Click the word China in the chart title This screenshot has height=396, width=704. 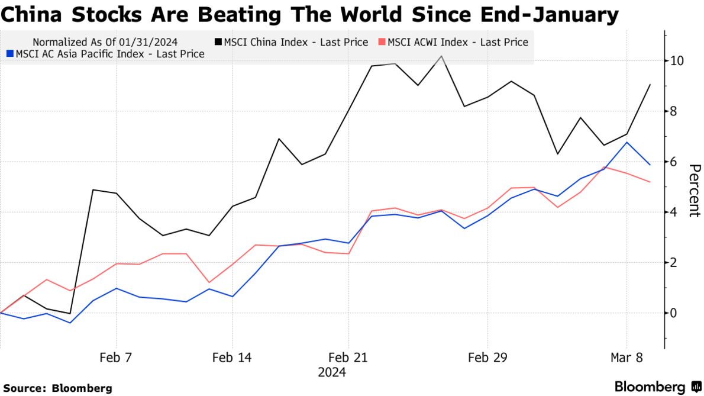pos(30,14)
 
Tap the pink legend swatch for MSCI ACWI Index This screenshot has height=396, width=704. pos(382,42)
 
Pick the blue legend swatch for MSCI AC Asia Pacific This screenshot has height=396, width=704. pos(9,54)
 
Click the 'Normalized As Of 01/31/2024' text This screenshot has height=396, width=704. pos(105,42)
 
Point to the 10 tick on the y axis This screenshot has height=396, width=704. pos(677,61)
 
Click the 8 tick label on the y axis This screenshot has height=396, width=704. pos(673,111)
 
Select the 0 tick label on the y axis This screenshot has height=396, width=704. pos(673,313)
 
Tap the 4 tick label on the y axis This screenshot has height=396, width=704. pos(673,212)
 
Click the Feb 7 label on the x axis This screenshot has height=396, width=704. pos(116,358)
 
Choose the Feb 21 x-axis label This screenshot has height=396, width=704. pos(348,358)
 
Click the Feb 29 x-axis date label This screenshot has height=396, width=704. pos(487,358)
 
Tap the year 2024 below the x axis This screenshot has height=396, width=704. pos(332,373)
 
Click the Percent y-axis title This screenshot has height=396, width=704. pos(693,191)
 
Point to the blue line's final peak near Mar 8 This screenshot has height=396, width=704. pos(627,142)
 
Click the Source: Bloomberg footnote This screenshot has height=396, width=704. pos(58,388)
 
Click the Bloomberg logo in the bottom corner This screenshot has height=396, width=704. pos(657,387)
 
